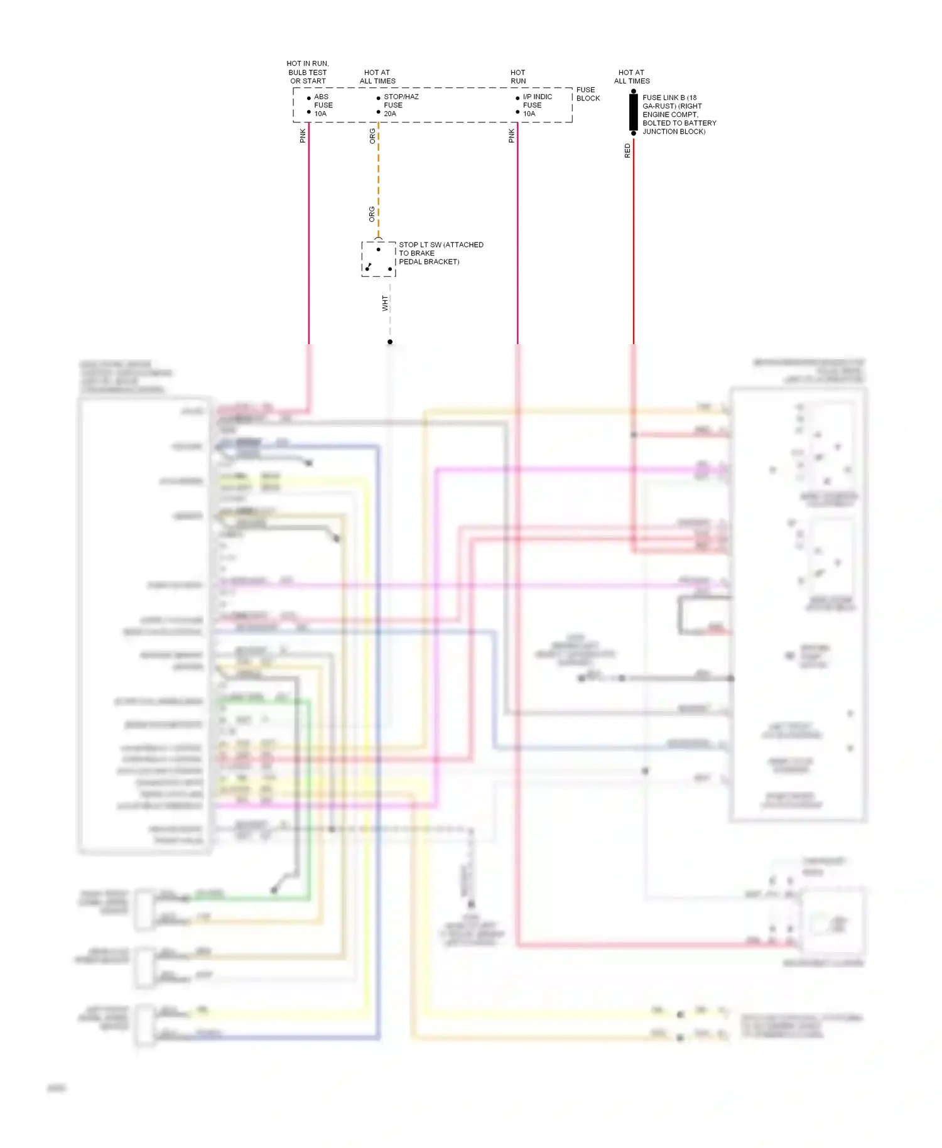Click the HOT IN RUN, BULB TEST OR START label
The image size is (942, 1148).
coord(308,72)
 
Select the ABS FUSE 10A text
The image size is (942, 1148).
coord(323,105)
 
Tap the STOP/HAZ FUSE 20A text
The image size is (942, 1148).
coord(400,105)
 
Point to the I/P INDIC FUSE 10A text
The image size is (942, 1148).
coord(537,105)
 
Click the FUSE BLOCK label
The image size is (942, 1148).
coord(587,94)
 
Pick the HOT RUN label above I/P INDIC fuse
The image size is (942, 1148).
coord(518,77)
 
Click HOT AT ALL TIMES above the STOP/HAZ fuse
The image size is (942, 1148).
coord(377,77)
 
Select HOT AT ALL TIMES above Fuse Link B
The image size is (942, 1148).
coord(632,77)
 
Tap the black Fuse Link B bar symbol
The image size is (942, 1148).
coord(634,112)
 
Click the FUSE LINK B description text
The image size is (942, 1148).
coord(678,114)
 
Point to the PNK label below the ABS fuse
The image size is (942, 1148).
coord(303,136)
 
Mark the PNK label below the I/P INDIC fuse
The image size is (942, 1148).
coord(511,136)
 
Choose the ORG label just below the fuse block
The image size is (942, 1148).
coord(372,136)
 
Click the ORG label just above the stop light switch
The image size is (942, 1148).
coord(372,214)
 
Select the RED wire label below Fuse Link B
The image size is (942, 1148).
coord(627,151)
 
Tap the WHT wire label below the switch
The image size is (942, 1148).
coord(385,303)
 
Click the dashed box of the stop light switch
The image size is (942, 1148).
coord(378,259)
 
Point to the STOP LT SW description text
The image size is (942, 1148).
coord(440,253)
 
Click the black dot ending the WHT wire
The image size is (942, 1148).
coord(390,342)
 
